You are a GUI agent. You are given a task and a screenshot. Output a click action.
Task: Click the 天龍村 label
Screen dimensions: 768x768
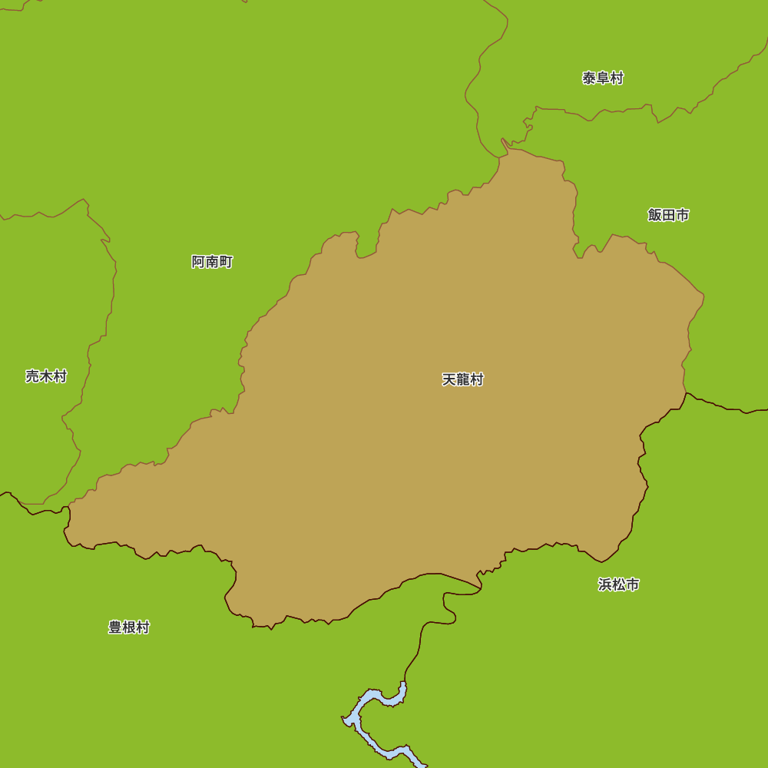[463, 379]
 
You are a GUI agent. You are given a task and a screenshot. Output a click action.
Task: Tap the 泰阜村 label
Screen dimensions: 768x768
[603, 78]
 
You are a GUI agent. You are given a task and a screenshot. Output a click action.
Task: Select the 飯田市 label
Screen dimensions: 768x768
[668, 215]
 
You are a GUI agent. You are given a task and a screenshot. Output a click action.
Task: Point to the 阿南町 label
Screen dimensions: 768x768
[212, 262]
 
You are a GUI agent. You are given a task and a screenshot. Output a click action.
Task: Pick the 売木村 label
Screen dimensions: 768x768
[46, 376]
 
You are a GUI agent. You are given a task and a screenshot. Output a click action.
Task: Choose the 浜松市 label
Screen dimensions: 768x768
[618, 584]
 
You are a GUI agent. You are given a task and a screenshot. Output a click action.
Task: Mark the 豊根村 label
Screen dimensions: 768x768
[128, 627]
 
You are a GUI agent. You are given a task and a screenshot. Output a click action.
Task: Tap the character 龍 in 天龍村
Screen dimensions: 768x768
[463, 379]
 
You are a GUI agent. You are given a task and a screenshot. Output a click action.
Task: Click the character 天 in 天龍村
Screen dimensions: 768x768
[449, 379]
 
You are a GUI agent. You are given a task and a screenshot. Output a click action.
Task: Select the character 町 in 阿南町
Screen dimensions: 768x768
[226, 262]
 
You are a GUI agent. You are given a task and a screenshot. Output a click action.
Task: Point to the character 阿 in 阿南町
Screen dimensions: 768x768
[198, 262]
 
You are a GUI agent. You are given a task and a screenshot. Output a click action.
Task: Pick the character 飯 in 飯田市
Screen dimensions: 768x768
[654, 215]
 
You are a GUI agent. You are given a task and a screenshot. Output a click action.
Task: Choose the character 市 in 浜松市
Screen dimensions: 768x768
[632, 584]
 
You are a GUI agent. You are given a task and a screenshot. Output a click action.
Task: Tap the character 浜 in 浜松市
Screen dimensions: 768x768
[604, 584]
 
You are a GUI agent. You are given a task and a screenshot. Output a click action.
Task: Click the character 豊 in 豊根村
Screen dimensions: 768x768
[114, 627]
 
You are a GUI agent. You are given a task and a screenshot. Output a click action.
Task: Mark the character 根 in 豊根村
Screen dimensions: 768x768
[128, 627]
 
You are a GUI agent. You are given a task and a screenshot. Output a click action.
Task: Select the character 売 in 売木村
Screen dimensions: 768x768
[32, 376]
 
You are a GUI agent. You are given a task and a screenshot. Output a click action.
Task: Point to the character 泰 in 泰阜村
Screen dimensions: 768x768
[589, 78]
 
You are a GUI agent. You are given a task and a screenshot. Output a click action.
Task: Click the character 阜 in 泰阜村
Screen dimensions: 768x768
[603, 78]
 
